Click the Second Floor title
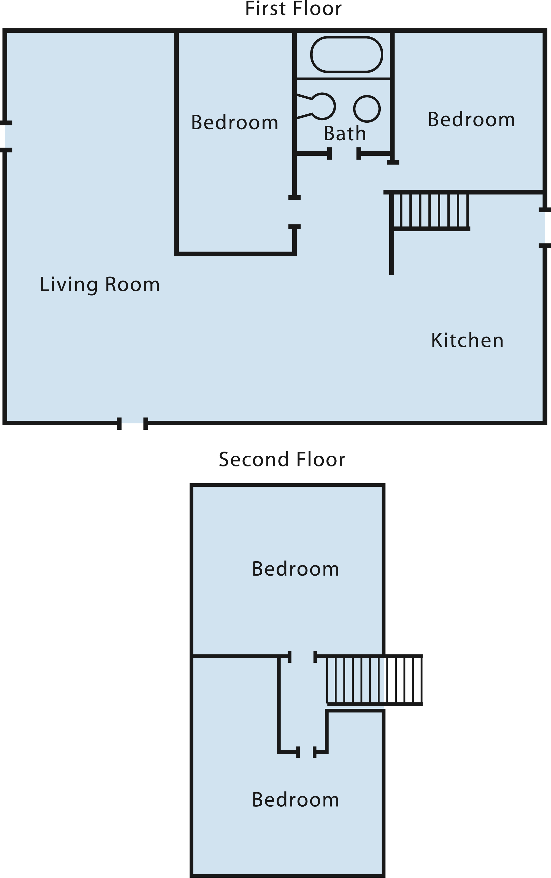[x=282, y=460]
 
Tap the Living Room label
[x=99, y=285]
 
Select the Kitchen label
[x=467, y=340]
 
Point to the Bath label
[x=345, y=133]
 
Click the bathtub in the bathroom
[x=347, y=54]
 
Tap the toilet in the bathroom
[x=316, y=106]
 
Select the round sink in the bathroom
[x=367, y=109]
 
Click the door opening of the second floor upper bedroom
[x=302, y=657]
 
